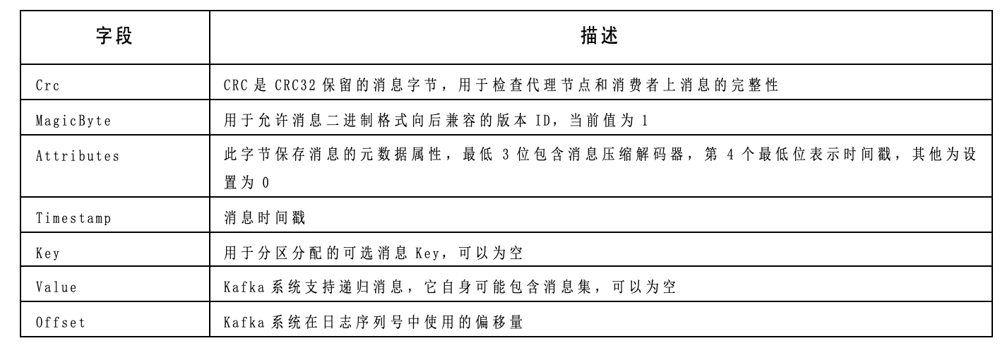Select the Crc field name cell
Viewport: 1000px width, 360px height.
click(47, 86)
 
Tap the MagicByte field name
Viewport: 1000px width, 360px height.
click(73, 121)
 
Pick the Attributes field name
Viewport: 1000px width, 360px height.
click(77, 156)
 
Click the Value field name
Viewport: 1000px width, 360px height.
click(56, 287)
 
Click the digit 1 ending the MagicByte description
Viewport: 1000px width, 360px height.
click(644, 121)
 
